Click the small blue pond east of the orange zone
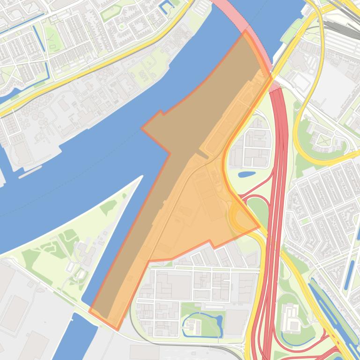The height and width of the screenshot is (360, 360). point(247,175)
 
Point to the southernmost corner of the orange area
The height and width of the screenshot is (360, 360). point(118,329)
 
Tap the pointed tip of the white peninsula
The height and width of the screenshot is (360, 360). point(142,176)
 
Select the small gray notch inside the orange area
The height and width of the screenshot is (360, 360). point(201,155)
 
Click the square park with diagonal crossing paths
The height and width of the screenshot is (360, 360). point(323,139)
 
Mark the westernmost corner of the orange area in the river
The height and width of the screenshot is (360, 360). point(142,128)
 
